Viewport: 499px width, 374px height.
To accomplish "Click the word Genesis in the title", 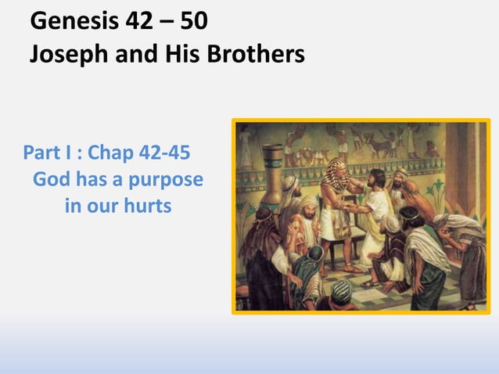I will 70,20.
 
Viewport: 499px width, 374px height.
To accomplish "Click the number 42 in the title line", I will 140,20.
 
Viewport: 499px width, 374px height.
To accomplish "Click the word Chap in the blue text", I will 109,150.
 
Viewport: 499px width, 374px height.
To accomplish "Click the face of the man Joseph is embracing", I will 376,180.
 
